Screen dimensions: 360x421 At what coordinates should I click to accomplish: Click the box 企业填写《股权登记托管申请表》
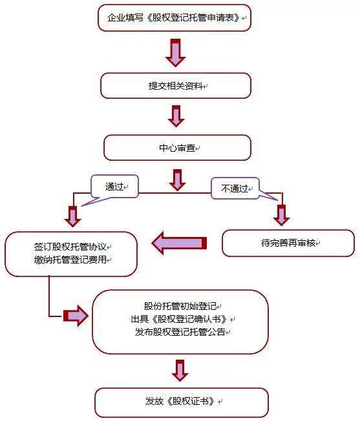tap(175, 17)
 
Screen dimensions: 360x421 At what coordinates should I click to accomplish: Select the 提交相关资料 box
tap(176, 86)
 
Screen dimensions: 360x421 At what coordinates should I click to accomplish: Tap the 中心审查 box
tap(177, 148)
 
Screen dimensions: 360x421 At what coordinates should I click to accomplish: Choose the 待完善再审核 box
tap(288, 243)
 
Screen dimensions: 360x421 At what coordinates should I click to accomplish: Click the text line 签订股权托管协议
tap(70, 247)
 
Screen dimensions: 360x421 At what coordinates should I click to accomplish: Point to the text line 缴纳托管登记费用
tap(70, 260)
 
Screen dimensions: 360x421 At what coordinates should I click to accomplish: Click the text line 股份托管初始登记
tap(180, 306)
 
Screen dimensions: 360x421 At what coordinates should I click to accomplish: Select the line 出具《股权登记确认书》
tap(179, 319)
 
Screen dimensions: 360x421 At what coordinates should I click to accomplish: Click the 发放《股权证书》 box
tap(182, 402)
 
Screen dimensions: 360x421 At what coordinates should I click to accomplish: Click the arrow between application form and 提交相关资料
tap(176, 53)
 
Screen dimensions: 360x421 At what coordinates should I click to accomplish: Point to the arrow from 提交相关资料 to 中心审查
tap(176, 116)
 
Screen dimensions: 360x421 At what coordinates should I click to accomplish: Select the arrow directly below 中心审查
tap(177, 180)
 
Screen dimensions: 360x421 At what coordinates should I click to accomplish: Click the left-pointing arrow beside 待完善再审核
tap(179, 243)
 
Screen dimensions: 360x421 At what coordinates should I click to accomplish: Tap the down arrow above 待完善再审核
tap(281, 215)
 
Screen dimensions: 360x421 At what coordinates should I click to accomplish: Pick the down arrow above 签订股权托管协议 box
tap(73, 216)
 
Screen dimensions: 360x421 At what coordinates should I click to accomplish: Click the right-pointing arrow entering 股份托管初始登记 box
tap(76, 316)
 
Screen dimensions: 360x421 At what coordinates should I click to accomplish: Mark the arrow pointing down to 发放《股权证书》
tap(180, 371)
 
